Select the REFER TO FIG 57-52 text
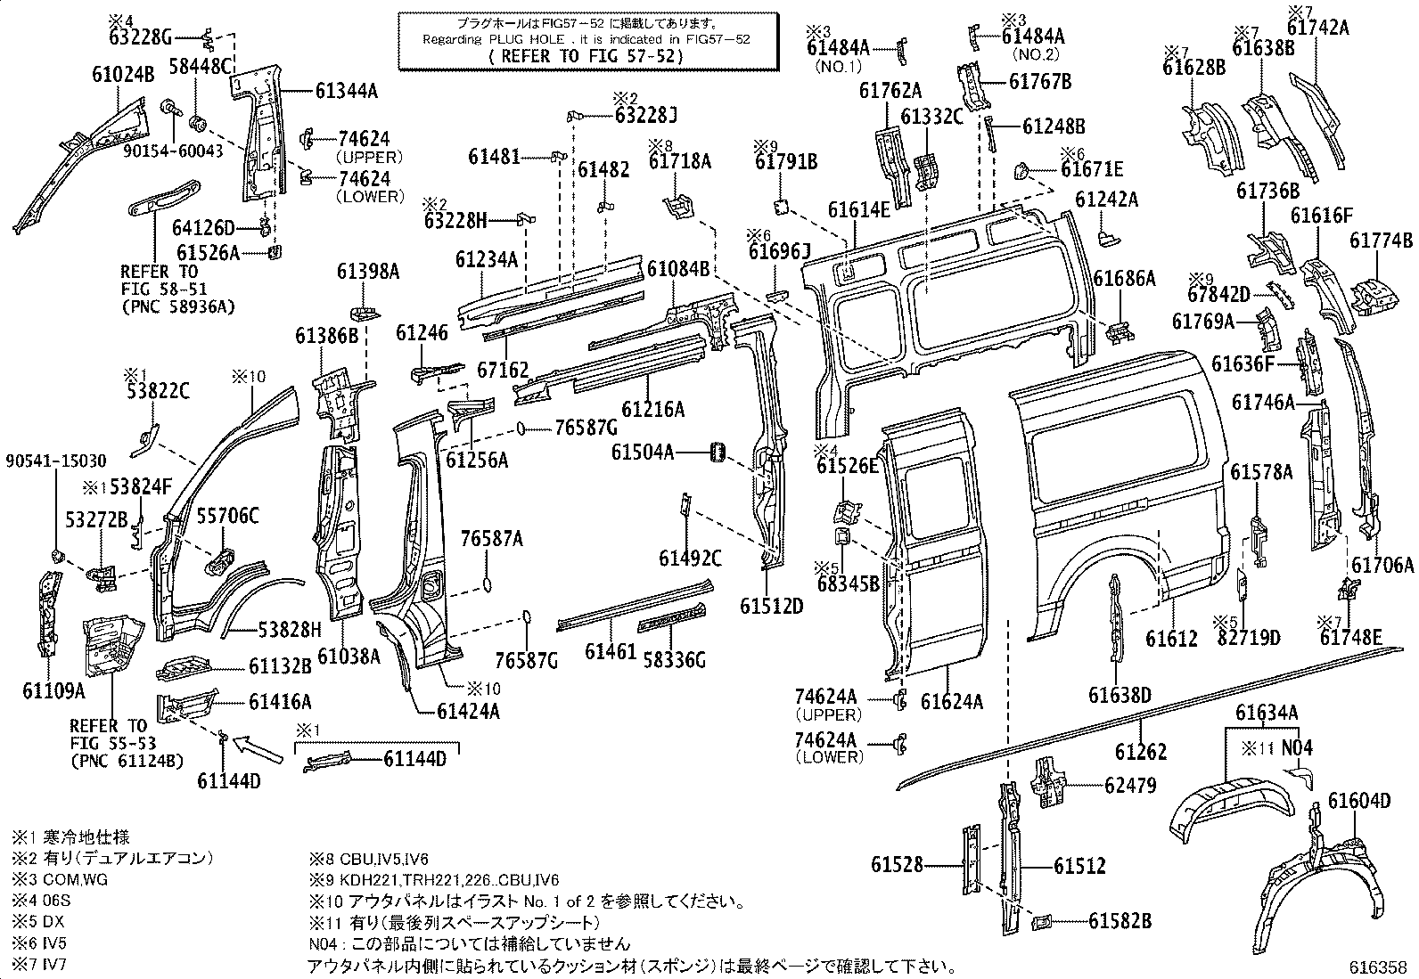(x=587, y=55)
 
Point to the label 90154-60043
(x=174, y=151)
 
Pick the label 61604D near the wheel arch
(x=1358, y=800)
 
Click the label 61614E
(x=858, y=209)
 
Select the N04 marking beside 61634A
(x=1297, y=747)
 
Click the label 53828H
(x=290, y=630)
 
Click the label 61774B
(x=1381, y=241)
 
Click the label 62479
(x=1129, y=785)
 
